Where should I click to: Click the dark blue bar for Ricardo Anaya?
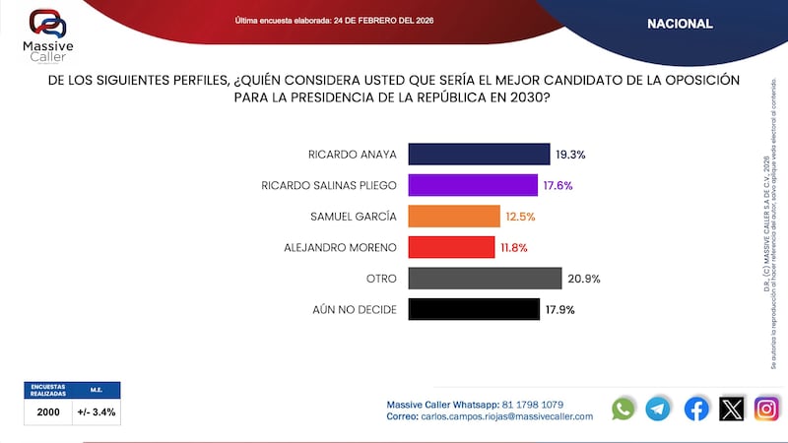479,155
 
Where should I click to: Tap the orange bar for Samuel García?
454,217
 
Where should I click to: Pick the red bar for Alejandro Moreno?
451,247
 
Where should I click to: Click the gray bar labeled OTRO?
485,279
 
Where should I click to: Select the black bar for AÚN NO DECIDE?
474,309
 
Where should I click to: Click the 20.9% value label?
584,279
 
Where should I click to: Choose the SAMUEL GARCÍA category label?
354,217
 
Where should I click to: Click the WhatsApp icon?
624,409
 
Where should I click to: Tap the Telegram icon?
658,409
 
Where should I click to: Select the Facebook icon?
696,409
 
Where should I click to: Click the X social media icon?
732,409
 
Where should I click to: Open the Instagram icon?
766,409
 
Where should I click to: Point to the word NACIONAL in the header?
680,24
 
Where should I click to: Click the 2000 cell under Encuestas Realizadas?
48,412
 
